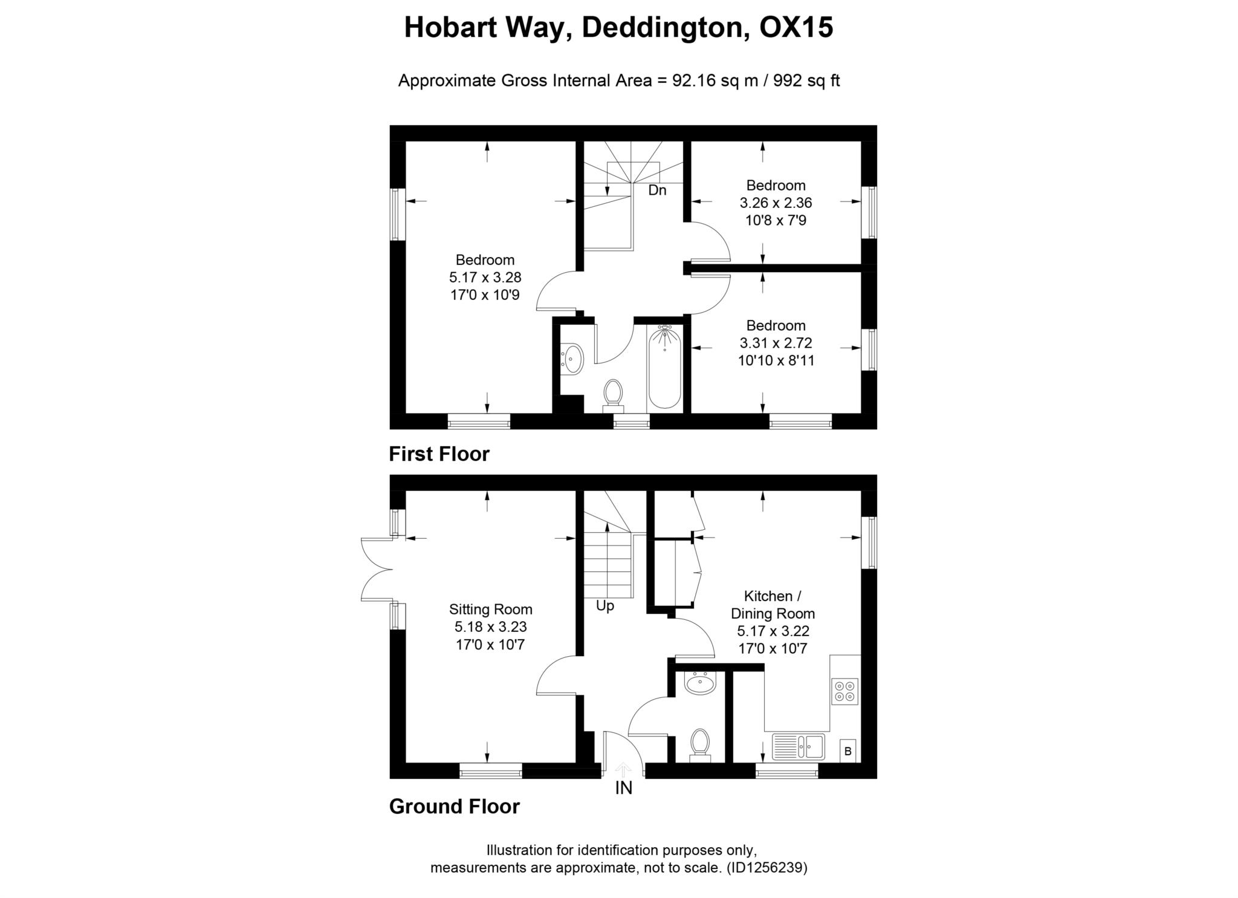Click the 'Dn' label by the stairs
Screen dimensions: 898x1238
[x=656, y=190]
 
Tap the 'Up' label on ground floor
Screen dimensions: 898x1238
[x=604, y=606]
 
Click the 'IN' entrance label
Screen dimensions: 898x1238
[x=623, y=788]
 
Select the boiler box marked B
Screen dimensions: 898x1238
[x=847, y=751]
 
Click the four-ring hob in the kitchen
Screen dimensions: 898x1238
[x=844, y=692]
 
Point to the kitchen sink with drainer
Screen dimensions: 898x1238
[x=798, y=746]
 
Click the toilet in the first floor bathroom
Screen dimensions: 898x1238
[x=613, y=394]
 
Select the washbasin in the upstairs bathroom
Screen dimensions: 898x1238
[x=572, y=358]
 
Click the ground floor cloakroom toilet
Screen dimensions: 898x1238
[x=699, y=744]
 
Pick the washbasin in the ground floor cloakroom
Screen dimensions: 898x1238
[x=700, y=683]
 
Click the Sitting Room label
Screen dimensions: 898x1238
[x=490, y=609]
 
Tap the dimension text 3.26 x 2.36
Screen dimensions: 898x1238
[x=776, y=203]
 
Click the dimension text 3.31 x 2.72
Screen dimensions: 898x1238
[x=776, y=343]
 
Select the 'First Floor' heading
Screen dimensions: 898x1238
[x=439, y=454]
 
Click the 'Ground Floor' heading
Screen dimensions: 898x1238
[x=454, y=806]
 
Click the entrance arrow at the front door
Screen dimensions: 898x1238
[x=623, y=769]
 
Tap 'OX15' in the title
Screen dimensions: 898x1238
[x=796, y=27]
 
